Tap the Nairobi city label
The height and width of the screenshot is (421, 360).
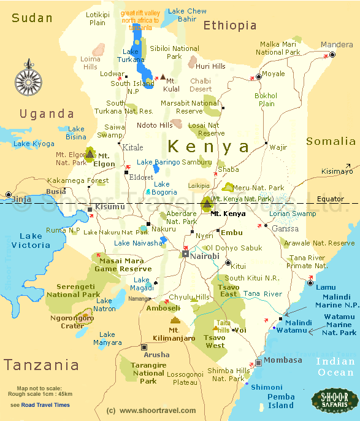click(x=204, y=256)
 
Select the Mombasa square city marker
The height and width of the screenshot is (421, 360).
click(x=259, y=363)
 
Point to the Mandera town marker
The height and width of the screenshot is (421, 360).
click(x=332, y=55)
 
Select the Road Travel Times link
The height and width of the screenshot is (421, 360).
click(x=45, y=405)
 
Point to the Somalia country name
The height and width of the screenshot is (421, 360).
click(x=331, y=142)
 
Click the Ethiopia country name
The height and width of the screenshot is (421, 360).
click(x=230, y=25)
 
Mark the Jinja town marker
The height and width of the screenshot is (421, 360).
click(x=8, y=195)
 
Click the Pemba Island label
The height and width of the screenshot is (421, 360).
click(x=281, y=401)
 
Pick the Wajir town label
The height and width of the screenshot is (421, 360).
click(x=278, y=147)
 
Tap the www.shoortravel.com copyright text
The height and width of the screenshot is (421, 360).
click(x=151, y=411)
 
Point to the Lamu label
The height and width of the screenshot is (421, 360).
click(x=326, y=287)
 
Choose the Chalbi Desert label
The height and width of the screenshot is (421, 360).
click(x=201, y=85)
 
